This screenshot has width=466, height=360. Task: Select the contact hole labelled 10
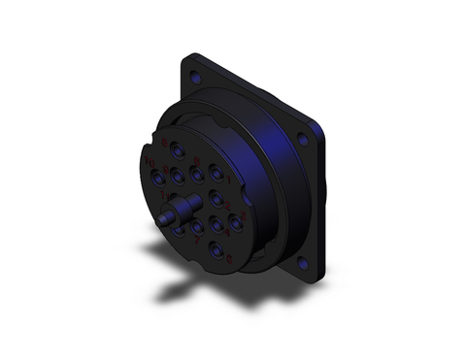click(157, 178)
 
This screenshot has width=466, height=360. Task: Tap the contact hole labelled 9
click(177, 176)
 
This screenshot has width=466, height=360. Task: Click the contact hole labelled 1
click(216, 172)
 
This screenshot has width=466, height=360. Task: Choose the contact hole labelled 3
click(235, 221)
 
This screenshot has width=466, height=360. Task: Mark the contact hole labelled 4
click(216, 223)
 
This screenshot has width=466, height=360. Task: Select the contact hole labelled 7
click(196, 226)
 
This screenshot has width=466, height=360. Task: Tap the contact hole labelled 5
click(216, 248)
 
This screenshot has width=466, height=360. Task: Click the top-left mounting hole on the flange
click(194, 76)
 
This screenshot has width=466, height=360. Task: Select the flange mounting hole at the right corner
click(303, 140)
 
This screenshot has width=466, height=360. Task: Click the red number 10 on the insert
click(150, 162)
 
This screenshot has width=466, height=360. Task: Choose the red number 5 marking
click(229, 259)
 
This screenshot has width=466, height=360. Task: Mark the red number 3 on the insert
click(244, 215)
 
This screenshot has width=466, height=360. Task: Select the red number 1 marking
click(229, 180)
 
